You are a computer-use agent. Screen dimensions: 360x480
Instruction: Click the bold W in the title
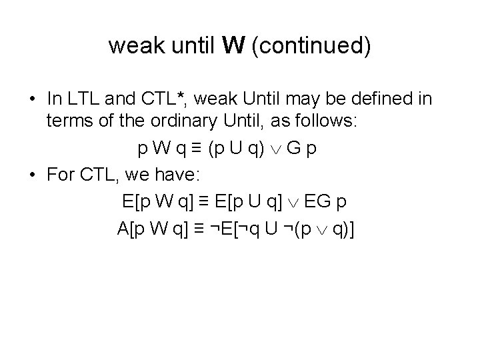coord(236,46)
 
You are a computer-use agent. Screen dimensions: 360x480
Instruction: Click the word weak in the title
coord(133,46)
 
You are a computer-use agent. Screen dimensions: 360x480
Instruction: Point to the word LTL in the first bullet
coord(81,99)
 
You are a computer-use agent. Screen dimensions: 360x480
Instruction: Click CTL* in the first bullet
coord(162,99)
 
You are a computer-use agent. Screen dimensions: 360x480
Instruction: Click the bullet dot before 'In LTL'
coord(33,100)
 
